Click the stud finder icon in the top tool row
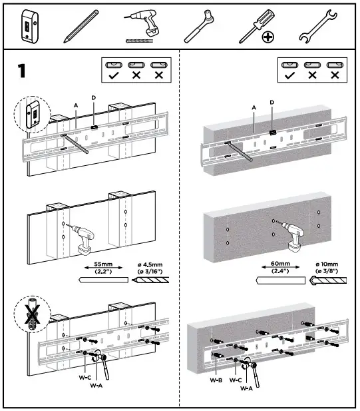[x=28, y=25]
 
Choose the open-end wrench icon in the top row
[x=314, y=26]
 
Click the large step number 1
[x=22, y=71]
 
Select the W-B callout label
[x=214, y=380]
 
